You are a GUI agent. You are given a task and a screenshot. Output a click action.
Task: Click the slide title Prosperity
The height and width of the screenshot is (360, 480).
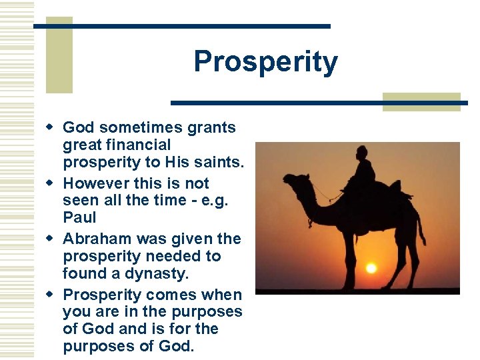coord(265,62)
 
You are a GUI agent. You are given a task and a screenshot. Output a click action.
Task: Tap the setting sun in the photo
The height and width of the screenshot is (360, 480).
coord(371,268)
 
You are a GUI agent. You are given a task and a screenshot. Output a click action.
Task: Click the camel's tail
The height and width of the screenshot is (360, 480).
coord(421,227)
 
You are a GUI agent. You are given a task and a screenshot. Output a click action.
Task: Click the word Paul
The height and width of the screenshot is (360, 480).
coord(79,217)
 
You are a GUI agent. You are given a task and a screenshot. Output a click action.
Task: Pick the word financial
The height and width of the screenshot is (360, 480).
coord(138,145)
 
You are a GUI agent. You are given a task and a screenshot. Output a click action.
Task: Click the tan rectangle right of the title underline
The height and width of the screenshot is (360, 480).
coord(421,101)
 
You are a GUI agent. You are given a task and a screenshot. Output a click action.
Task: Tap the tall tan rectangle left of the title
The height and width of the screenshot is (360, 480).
coord(59,55)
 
